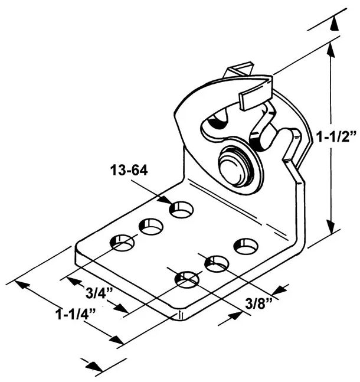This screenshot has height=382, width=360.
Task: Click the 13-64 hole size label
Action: tap(129, 170)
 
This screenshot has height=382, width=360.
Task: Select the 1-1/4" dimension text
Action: tap(76, 314)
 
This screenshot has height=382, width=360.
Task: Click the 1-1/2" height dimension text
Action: tap(336, 136)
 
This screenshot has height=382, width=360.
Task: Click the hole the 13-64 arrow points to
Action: tap(181, 209)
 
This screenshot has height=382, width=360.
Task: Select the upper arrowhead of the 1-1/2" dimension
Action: tap(330, 51)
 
